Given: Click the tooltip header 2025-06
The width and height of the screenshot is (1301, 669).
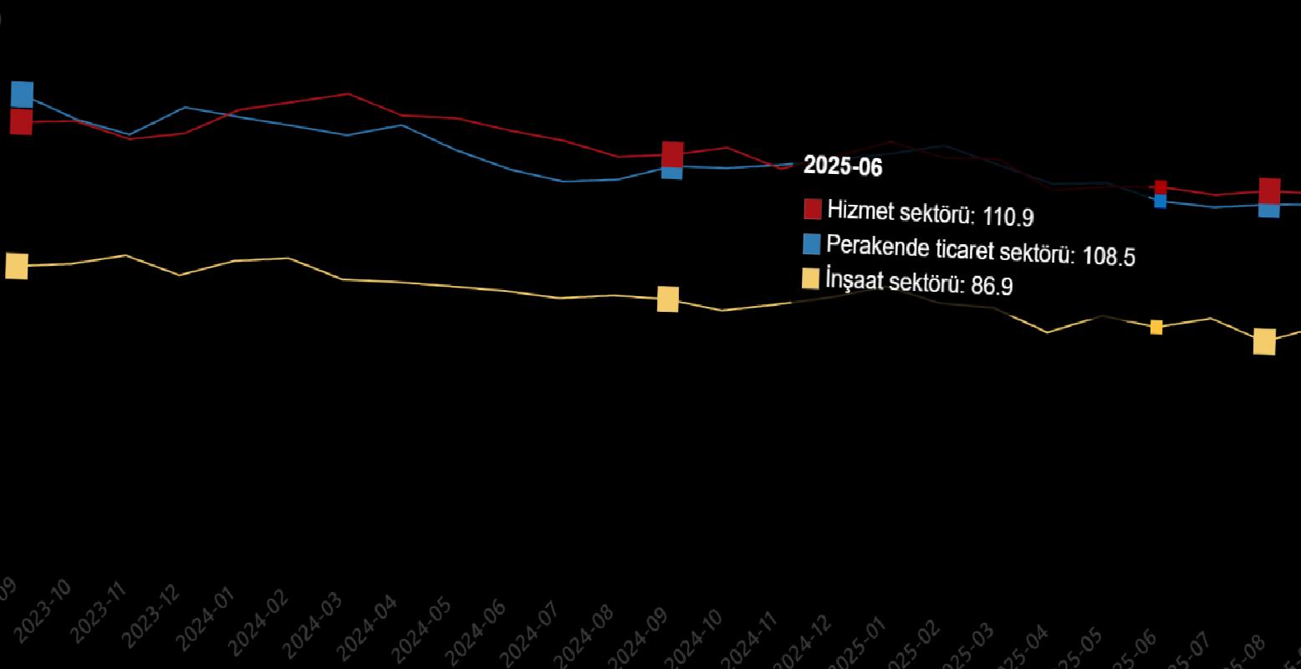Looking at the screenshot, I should pyautogui.click(x=843, y=166).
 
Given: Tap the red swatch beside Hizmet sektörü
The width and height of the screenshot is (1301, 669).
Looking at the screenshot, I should pyautogui.click(x=812, y=209).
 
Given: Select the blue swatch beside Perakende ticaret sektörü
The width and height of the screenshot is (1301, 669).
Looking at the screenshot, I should pyautogui.click(x=811, y=244).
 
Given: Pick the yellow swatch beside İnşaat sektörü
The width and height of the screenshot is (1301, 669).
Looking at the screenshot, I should pyautogui.click(x=810, y=278).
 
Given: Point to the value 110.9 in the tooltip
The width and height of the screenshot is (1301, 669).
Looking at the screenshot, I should pyautogui.click(x=1008, y=217).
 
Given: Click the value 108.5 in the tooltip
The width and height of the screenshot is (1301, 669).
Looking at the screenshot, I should pyautogui.click(x=1109, y=256).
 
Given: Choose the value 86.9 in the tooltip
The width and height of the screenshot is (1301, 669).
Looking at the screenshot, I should pyautogui.click(x=992, y=286).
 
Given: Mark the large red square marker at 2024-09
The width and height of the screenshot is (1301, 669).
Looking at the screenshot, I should pyautogui.click(x=672, y=155).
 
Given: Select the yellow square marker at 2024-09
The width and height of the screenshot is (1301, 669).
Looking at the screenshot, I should pyautogui.click(x=667, y=299).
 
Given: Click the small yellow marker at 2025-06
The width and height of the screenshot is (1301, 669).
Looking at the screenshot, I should pyautogui.click(x=1156, y=327).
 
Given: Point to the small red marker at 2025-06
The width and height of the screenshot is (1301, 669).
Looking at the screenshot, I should pyautogui.click(x=1161, y=187).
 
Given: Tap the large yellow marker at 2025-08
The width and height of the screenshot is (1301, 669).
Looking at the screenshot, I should pyautogui.click(x=1264, y=341).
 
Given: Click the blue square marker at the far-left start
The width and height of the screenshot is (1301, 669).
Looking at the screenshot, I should pyautogui.click(x=22, y=94).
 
